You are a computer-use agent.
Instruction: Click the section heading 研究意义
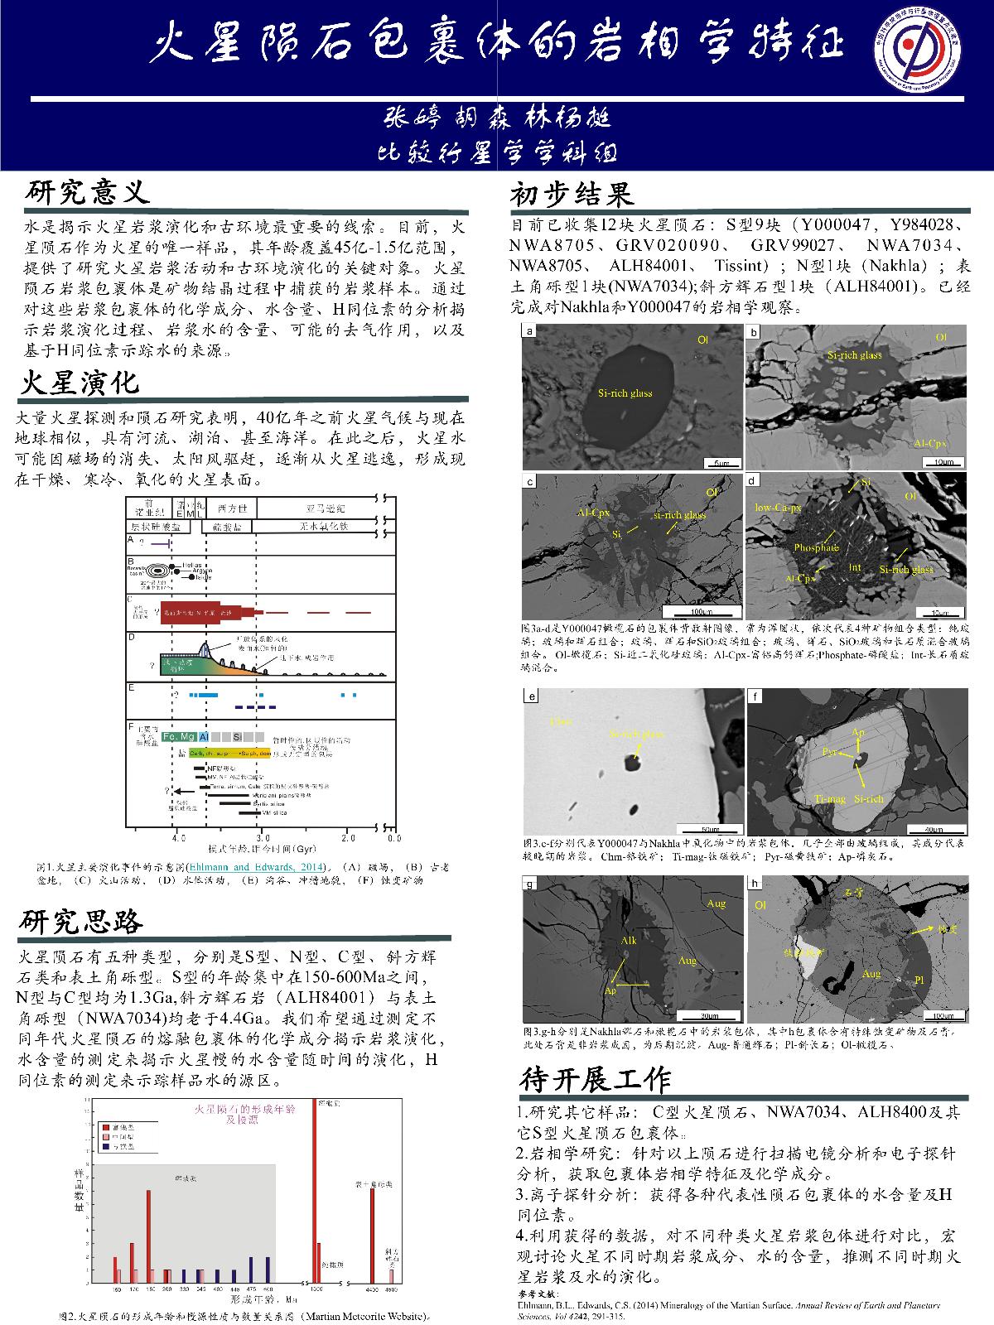(x=87, y=193)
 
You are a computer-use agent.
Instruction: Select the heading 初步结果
(x=572, y=195)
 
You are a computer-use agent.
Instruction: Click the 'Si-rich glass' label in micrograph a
(x=625, y=393)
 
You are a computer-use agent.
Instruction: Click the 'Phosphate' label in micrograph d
(x=816, y=547)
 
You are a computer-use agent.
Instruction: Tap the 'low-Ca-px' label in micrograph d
(x=778, y=507)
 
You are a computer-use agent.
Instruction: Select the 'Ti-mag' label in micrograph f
(x=830, y=799)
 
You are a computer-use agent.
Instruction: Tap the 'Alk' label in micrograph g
(x=628, y=942)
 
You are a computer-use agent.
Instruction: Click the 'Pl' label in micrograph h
(x=918, y=980)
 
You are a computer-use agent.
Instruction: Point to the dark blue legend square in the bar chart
(x=104, y=1149)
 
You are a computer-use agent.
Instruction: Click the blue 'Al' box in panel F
(x=204, y=736)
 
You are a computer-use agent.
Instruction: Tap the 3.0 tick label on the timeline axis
(x=261, y=837)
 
